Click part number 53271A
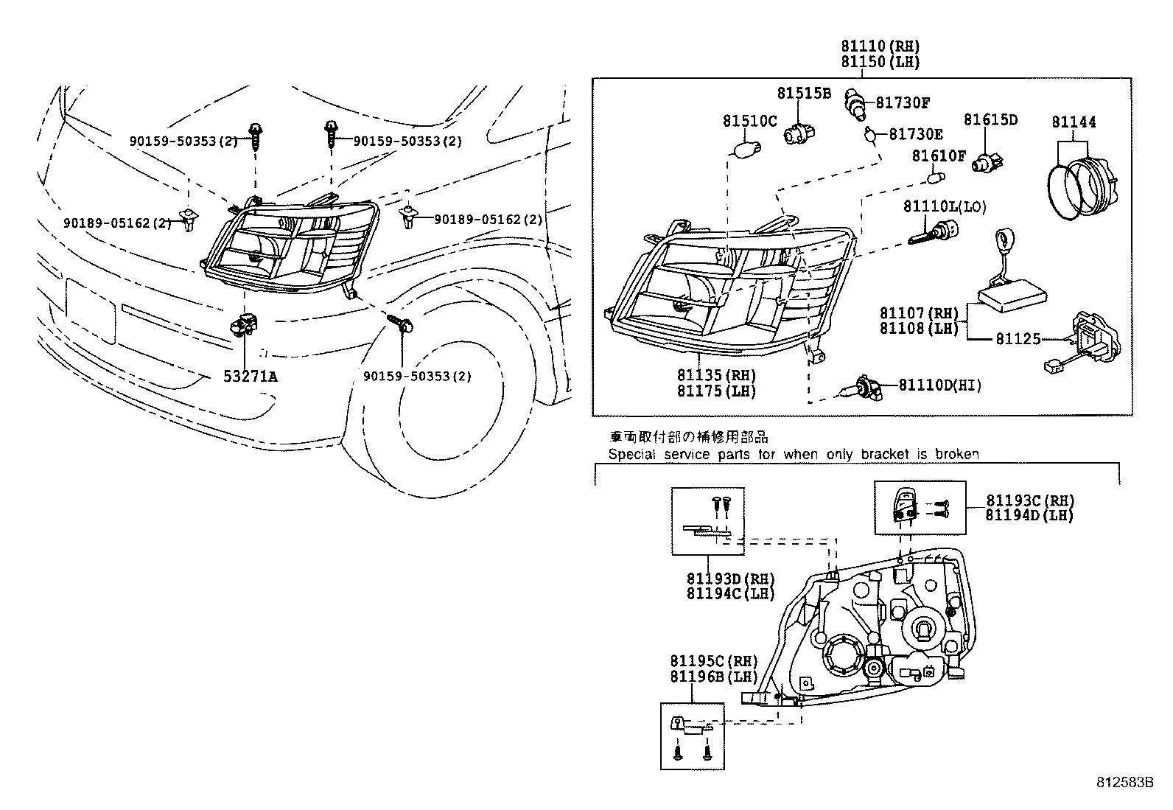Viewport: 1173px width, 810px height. pyautogui.click(x=250, y=377)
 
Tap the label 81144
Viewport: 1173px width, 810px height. pyautogui.click(x=1074, y=122)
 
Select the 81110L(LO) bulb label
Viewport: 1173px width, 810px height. pyautogui.click(x=945, y=207)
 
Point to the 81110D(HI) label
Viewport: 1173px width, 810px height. pyautogui.click(x=939, y=385)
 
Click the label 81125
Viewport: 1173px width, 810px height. pyautogui.click(x=1018, y=339)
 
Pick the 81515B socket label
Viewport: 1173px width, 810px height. pyautogui.click(x=803, y=94)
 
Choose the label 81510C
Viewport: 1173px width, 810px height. pyautogui.click(x=749, y=121)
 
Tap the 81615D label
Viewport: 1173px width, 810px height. pyautogui.click(x=990, y=119)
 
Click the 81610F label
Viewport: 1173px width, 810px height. pyautogui.click(x=938, y=156)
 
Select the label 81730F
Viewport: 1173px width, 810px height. pyautogui.click(x=903, y=102)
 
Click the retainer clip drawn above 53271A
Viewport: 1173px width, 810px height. pyautogui.click(x=245, y=325)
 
